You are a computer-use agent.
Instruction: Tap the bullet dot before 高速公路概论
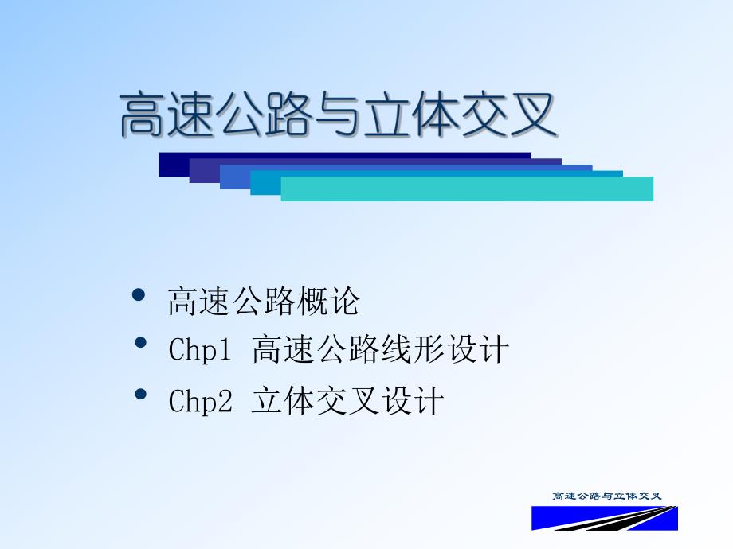[x=139, y=295]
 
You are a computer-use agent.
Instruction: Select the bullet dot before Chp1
[x=141, y=344]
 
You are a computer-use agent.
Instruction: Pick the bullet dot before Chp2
[x=141, y=395]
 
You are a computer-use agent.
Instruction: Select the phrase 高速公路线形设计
[x=380, y=350]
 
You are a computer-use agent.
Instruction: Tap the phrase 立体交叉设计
[x=347, y=401]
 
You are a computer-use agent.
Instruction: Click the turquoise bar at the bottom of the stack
[x=466, y=189]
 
